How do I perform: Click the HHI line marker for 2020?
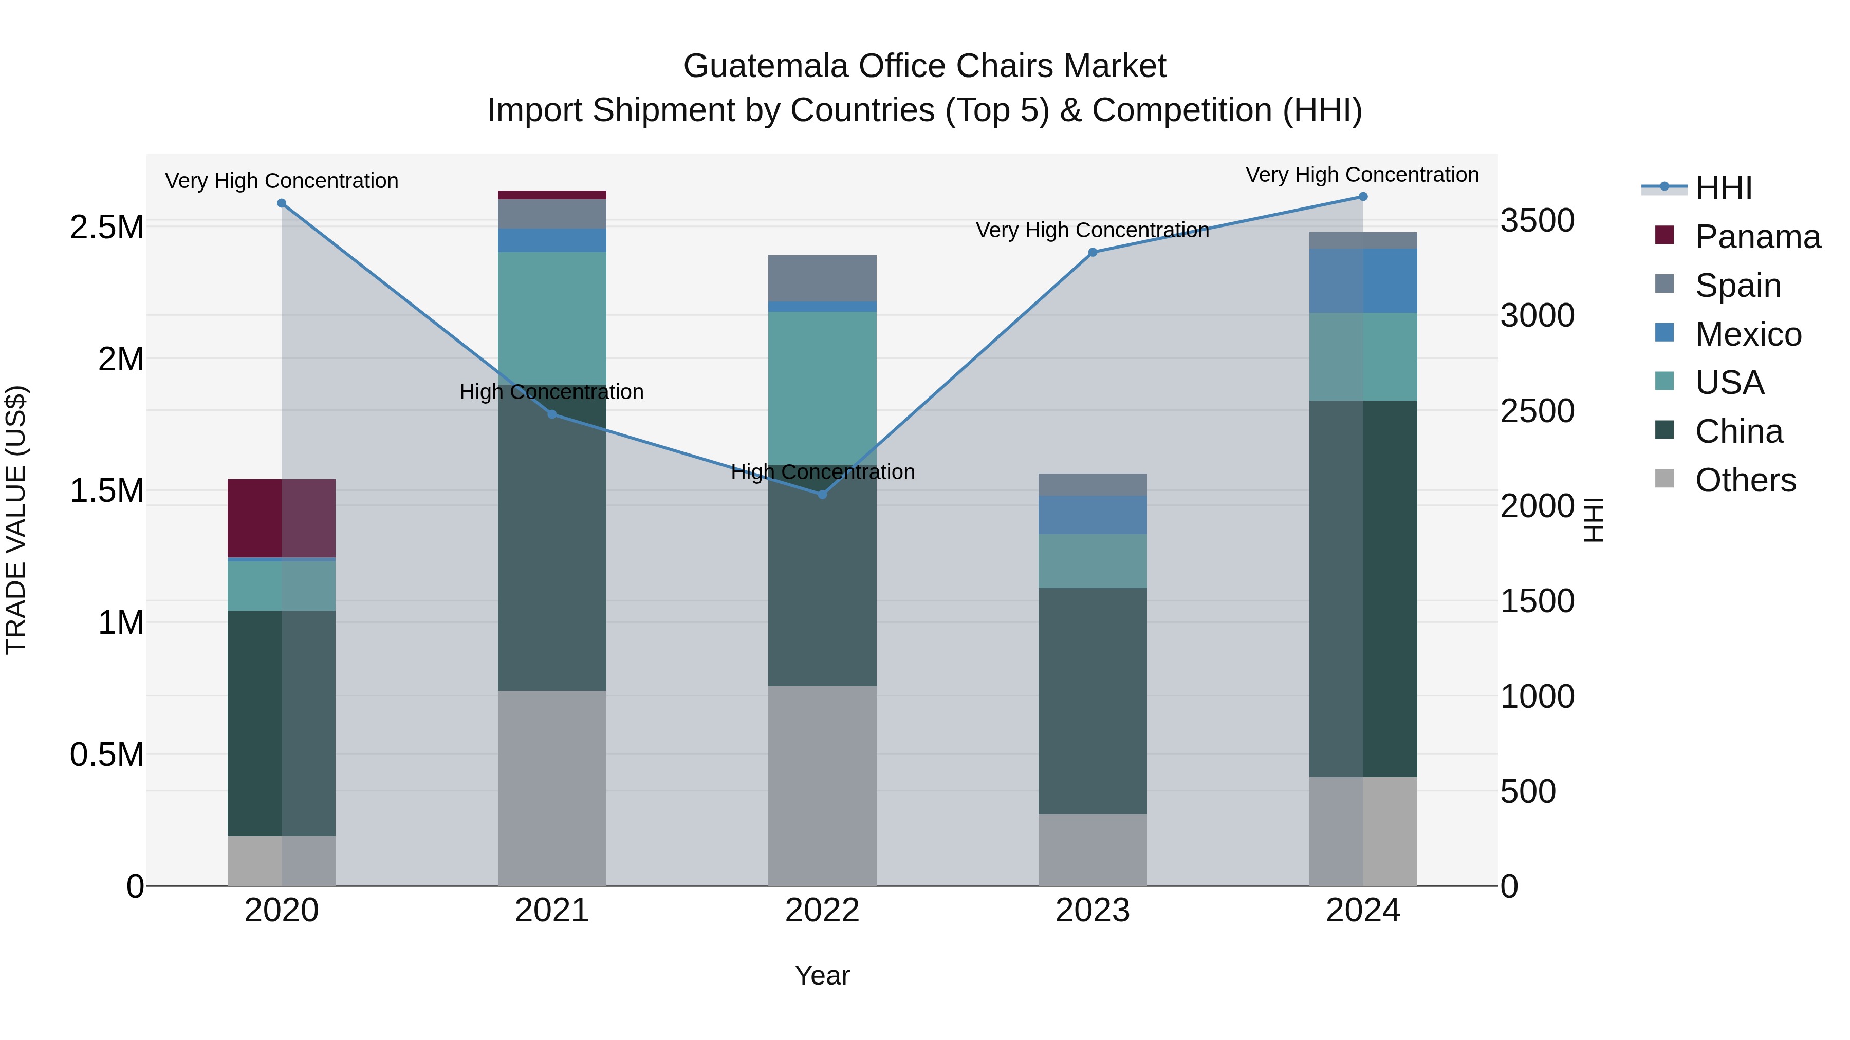tap(282, 203)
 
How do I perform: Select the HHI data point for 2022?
tap(822, 495)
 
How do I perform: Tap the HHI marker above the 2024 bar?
tap(1363, 197)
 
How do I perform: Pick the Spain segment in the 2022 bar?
tap(822, 278)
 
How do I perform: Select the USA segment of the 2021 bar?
tap(551, 317)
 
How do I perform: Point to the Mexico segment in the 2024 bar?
tap(1363, 280)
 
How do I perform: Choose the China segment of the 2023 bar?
tap(1093, 701)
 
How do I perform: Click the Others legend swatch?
tap(1664, 479)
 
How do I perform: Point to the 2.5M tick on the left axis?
tap(106, 228)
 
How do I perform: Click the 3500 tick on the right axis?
tap(1538, 220)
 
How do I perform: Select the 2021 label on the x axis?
tap(551, 911)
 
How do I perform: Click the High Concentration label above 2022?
tap(822, 472)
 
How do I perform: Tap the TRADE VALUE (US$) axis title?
tap(16, 520)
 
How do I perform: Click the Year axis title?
tap(822, 975)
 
